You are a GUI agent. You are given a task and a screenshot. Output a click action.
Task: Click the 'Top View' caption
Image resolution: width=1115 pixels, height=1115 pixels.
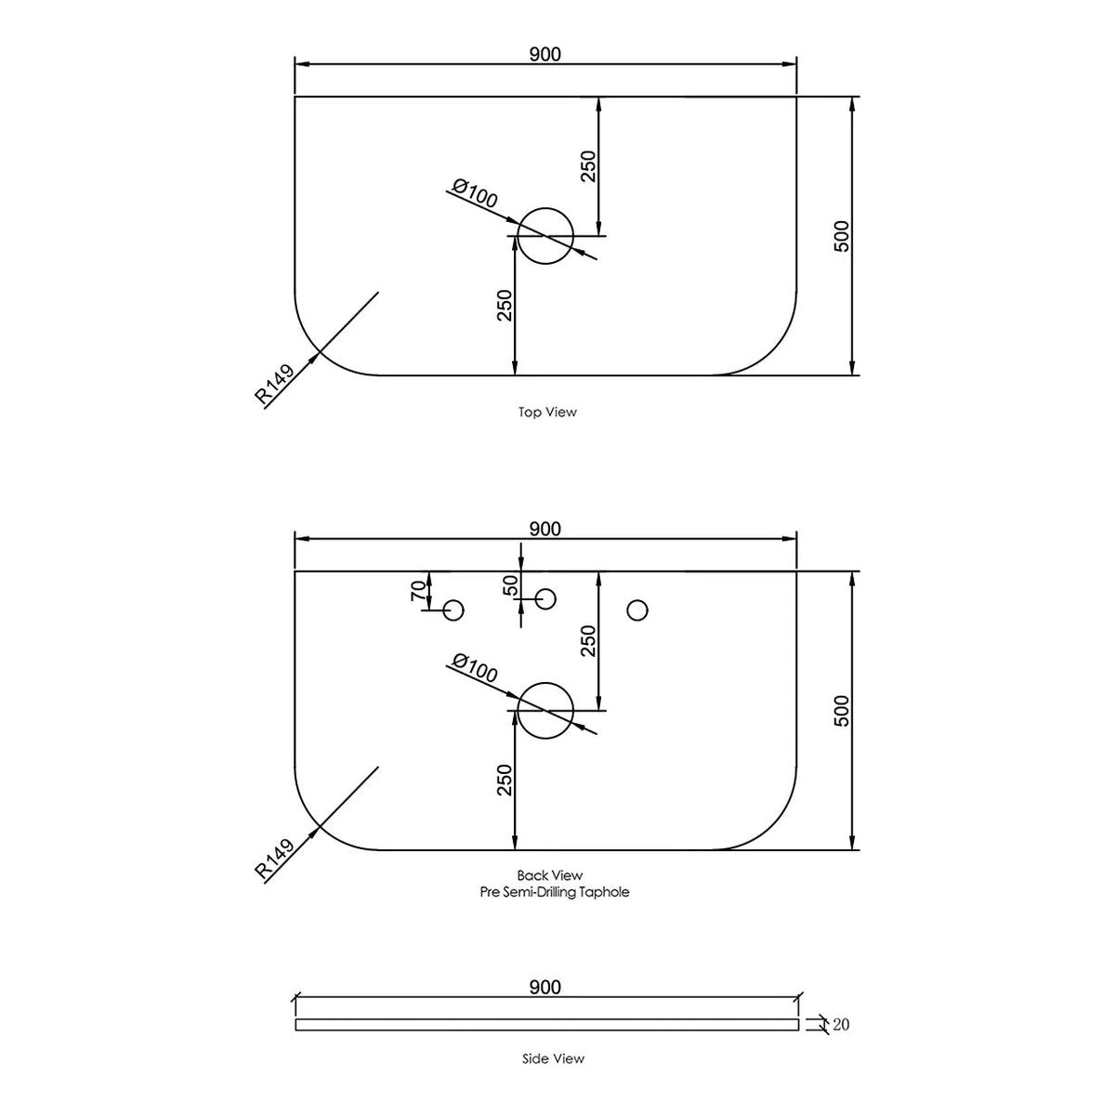point(547,412)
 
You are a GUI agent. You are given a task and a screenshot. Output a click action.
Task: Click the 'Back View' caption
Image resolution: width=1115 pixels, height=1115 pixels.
point(550,875)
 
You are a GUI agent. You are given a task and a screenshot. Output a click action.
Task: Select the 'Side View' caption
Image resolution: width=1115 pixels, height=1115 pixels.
point(553,1058)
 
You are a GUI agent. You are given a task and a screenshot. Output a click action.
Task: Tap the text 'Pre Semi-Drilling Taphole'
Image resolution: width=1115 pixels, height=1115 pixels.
point(555,892)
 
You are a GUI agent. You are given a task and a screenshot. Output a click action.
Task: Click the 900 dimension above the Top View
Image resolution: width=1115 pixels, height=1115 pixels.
point(545,55)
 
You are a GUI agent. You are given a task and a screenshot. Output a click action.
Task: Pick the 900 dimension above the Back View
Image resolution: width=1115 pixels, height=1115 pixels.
point(545,529)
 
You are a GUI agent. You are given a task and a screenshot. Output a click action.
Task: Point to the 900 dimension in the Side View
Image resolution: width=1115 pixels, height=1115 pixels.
point(545,987)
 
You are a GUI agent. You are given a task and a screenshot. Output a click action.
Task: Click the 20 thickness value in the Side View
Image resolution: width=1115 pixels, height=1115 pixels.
point(841,1025)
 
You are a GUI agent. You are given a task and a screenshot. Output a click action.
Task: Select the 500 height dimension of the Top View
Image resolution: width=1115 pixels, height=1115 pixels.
point(842,236)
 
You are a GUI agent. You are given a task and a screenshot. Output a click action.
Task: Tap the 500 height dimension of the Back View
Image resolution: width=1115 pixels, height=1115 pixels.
point(842,711)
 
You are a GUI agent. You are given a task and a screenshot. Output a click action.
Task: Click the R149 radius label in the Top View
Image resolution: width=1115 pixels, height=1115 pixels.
point(274,384)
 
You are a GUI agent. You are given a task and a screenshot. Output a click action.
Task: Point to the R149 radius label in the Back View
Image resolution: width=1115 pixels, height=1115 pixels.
point(274,859)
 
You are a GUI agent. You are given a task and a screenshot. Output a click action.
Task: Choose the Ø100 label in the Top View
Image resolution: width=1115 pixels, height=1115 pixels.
point(475,193)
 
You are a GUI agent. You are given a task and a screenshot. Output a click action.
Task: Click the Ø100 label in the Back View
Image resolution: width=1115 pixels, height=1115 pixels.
point(475,668)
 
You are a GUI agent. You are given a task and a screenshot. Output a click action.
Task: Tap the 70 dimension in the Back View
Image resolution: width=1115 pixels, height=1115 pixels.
point(419,591)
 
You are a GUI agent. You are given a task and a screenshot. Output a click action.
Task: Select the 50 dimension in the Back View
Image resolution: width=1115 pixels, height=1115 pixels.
point(511,586)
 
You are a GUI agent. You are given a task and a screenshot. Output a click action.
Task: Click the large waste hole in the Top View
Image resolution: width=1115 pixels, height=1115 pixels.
point(545,208)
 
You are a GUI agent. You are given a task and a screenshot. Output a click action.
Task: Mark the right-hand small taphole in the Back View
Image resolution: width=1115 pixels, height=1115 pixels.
point(637,600)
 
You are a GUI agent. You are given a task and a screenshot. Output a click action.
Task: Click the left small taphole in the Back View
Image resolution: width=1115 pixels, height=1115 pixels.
point(453,600)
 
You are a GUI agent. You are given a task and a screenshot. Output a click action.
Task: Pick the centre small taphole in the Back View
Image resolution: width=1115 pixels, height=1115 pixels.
point(545,588)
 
